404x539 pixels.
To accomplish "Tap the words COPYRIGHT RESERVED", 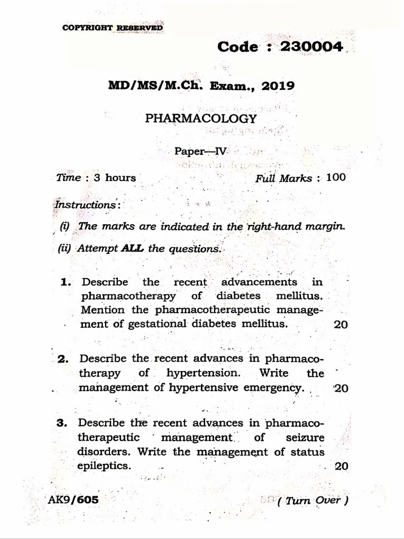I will [x=113, y=28].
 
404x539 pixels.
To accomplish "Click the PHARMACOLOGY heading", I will [x=201, y=118].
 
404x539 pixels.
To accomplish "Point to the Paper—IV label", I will [x=200, y=151].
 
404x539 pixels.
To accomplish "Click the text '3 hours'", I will [x=114, y=177].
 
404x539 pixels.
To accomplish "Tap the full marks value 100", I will [x=336, y=177].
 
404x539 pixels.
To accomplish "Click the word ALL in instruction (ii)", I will [x=132, y=249].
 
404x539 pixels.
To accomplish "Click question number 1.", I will [x=66, y=282].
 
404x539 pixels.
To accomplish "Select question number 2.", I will [x=64, y=360].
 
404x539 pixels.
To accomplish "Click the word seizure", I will [x=306, y=437].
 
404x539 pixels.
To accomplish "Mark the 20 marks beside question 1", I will [x=340, y=324].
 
